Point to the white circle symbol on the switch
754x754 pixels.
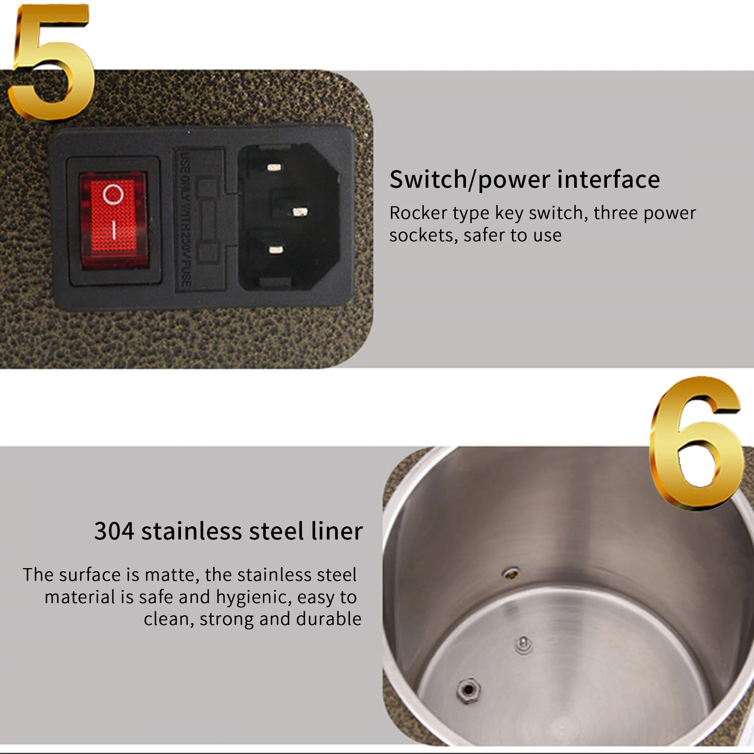(113, 194)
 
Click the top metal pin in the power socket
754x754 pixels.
(274, 167)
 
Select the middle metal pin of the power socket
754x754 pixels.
(300, 212)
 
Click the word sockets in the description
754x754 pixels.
(423, 236)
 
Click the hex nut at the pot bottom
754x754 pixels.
(468, 690)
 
